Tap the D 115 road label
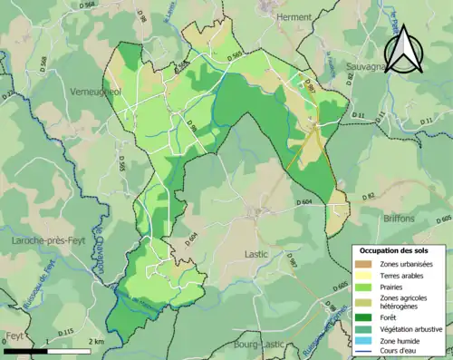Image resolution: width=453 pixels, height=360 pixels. click(65, 333)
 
